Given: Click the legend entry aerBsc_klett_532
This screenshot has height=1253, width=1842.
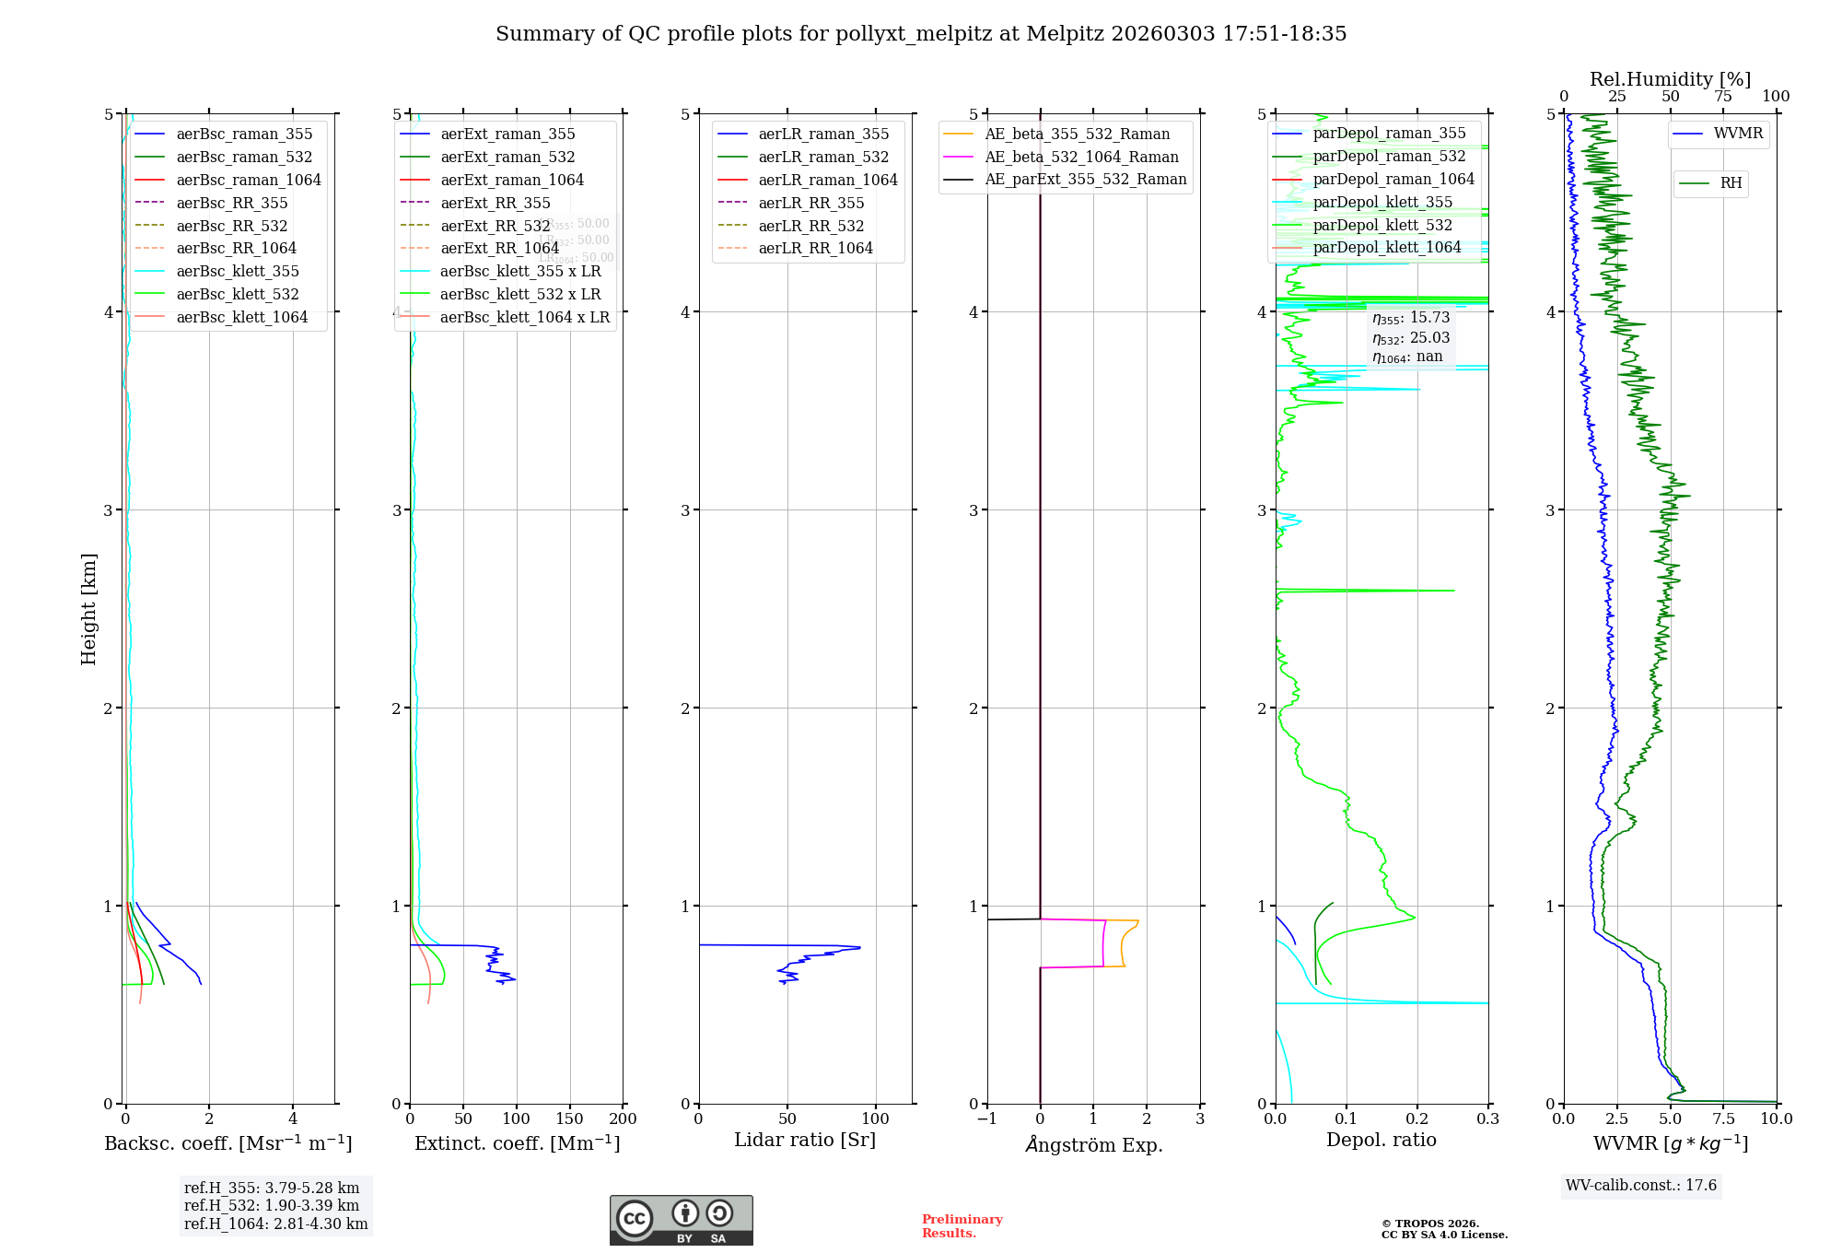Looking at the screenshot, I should point(238,294).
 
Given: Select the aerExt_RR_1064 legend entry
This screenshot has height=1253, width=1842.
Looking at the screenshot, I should point(499,248).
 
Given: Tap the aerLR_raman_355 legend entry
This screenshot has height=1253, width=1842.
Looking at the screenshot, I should point(823,134).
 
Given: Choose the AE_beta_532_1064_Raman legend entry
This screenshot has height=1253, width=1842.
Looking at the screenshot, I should point(1081,157).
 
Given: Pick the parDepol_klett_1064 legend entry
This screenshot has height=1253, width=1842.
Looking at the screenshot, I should point(1386,247).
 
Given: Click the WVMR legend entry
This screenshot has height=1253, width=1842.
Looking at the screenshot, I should point(1738,133).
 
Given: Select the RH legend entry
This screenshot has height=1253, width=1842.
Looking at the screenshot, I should point(1731,182).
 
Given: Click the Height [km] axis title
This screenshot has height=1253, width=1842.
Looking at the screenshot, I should point(88,608).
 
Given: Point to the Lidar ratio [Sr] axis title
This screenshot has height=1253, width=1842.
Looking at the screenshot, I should point(804,1140).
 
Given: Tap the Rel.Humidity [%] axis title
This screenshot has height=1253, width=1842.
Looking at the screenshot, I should point(1670,79).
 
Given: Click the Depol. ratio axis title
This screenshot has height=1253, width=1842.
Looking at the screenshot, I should point(1381,1140).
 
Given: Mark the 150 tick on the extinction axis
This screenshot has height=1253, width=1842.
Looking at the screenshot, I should point(569,1118).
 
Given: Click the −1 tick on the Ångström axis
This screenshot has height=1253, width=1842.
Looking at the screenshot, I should point(986,1118).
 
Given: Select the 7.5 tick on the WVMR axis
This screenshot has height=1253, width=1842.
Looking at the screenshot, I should point(1723,1118).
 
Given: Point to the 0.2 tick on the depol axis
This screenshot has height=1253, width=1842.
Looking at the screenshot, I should point(1417,1118).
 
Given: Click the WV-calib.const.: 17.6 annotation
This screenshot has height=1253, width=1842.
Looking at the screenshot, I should point(1640,1185).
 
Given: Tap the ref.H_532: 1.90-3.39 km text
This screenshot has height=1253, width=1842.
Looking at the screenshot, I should point(272,1205).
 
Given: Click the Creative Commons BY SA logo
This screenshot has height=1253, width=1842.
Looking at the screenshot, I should point(681,1220).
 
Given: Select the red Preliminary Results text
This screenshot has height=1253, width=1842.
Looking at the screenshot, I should point(962,1225).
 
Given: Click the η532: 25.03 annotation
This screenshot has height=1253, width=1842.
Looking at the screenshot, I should point(1410,337).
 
